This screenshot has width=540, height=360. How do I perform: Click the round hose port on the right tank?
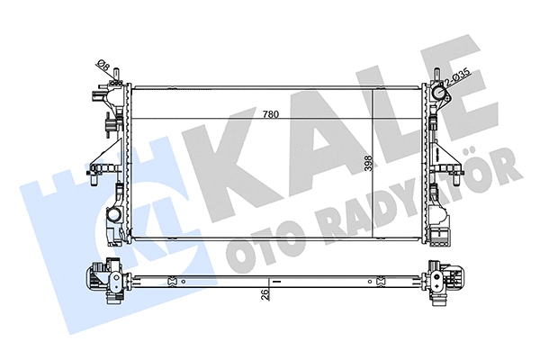coord(439,94)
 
